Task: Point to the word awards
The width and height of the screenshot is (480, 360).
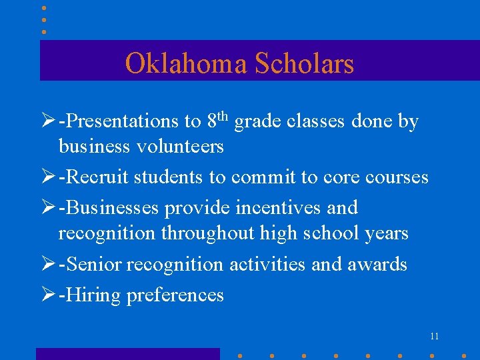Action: pyautogui.click(x=377, y=265)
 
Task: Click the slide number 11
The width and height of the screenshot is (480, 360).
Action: pyautogui.click(x=434, y=337)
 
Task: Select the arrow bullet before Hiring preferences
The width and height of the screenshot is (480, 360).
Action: pyautogui.click(x=48, y=295)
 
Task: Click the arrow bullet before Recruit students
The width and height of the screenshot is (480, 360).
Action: pyautogui.click(x=48, y=177)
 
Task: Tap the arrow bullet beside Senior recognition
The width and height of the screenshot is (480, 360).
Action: pyautogui.click(x=48, y=265)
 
